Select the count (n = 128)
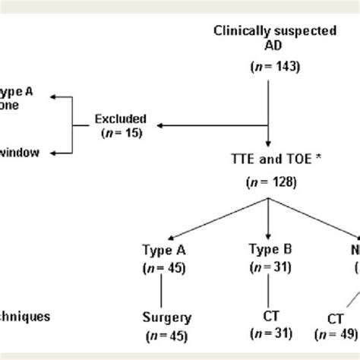pos(269,182)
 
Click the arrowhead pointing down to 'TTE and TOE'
pos(269,144)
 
